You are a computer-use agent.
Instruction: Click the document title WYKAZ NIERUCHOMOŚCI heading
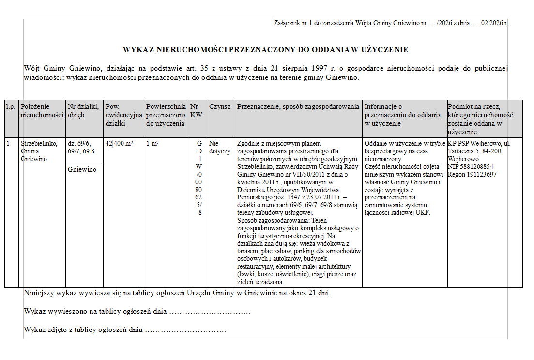(265, 49)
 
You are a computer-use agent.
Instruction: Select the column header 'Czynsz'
(220, 106)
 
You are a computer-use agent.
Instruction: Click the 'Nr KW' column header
(196, 111)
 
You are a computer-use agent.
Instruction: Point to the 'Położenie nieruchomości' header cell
(42, 111)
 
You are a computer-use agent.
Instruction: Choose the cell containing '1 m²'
(154, 144)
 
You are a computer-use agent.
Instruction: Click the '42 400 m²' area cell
(119, 144)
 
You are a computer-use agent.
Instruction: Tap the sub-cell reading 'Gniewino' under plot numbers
(82, 170)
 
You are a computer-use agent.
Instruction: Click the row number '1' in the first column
(8, 144)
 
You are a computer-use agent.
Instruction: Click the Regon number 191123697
(472, 174)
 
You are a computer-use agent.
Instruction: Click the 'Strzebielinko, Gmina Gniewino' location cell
(39, 151)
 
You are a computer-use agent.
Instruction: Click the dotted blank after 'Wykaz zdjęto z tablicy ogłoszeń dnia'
(186, 330)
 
